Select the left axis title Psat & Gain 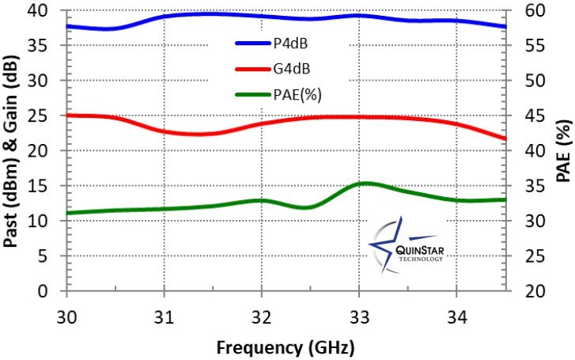click(13, 150)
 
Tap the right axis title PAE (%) click(562, 150)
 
